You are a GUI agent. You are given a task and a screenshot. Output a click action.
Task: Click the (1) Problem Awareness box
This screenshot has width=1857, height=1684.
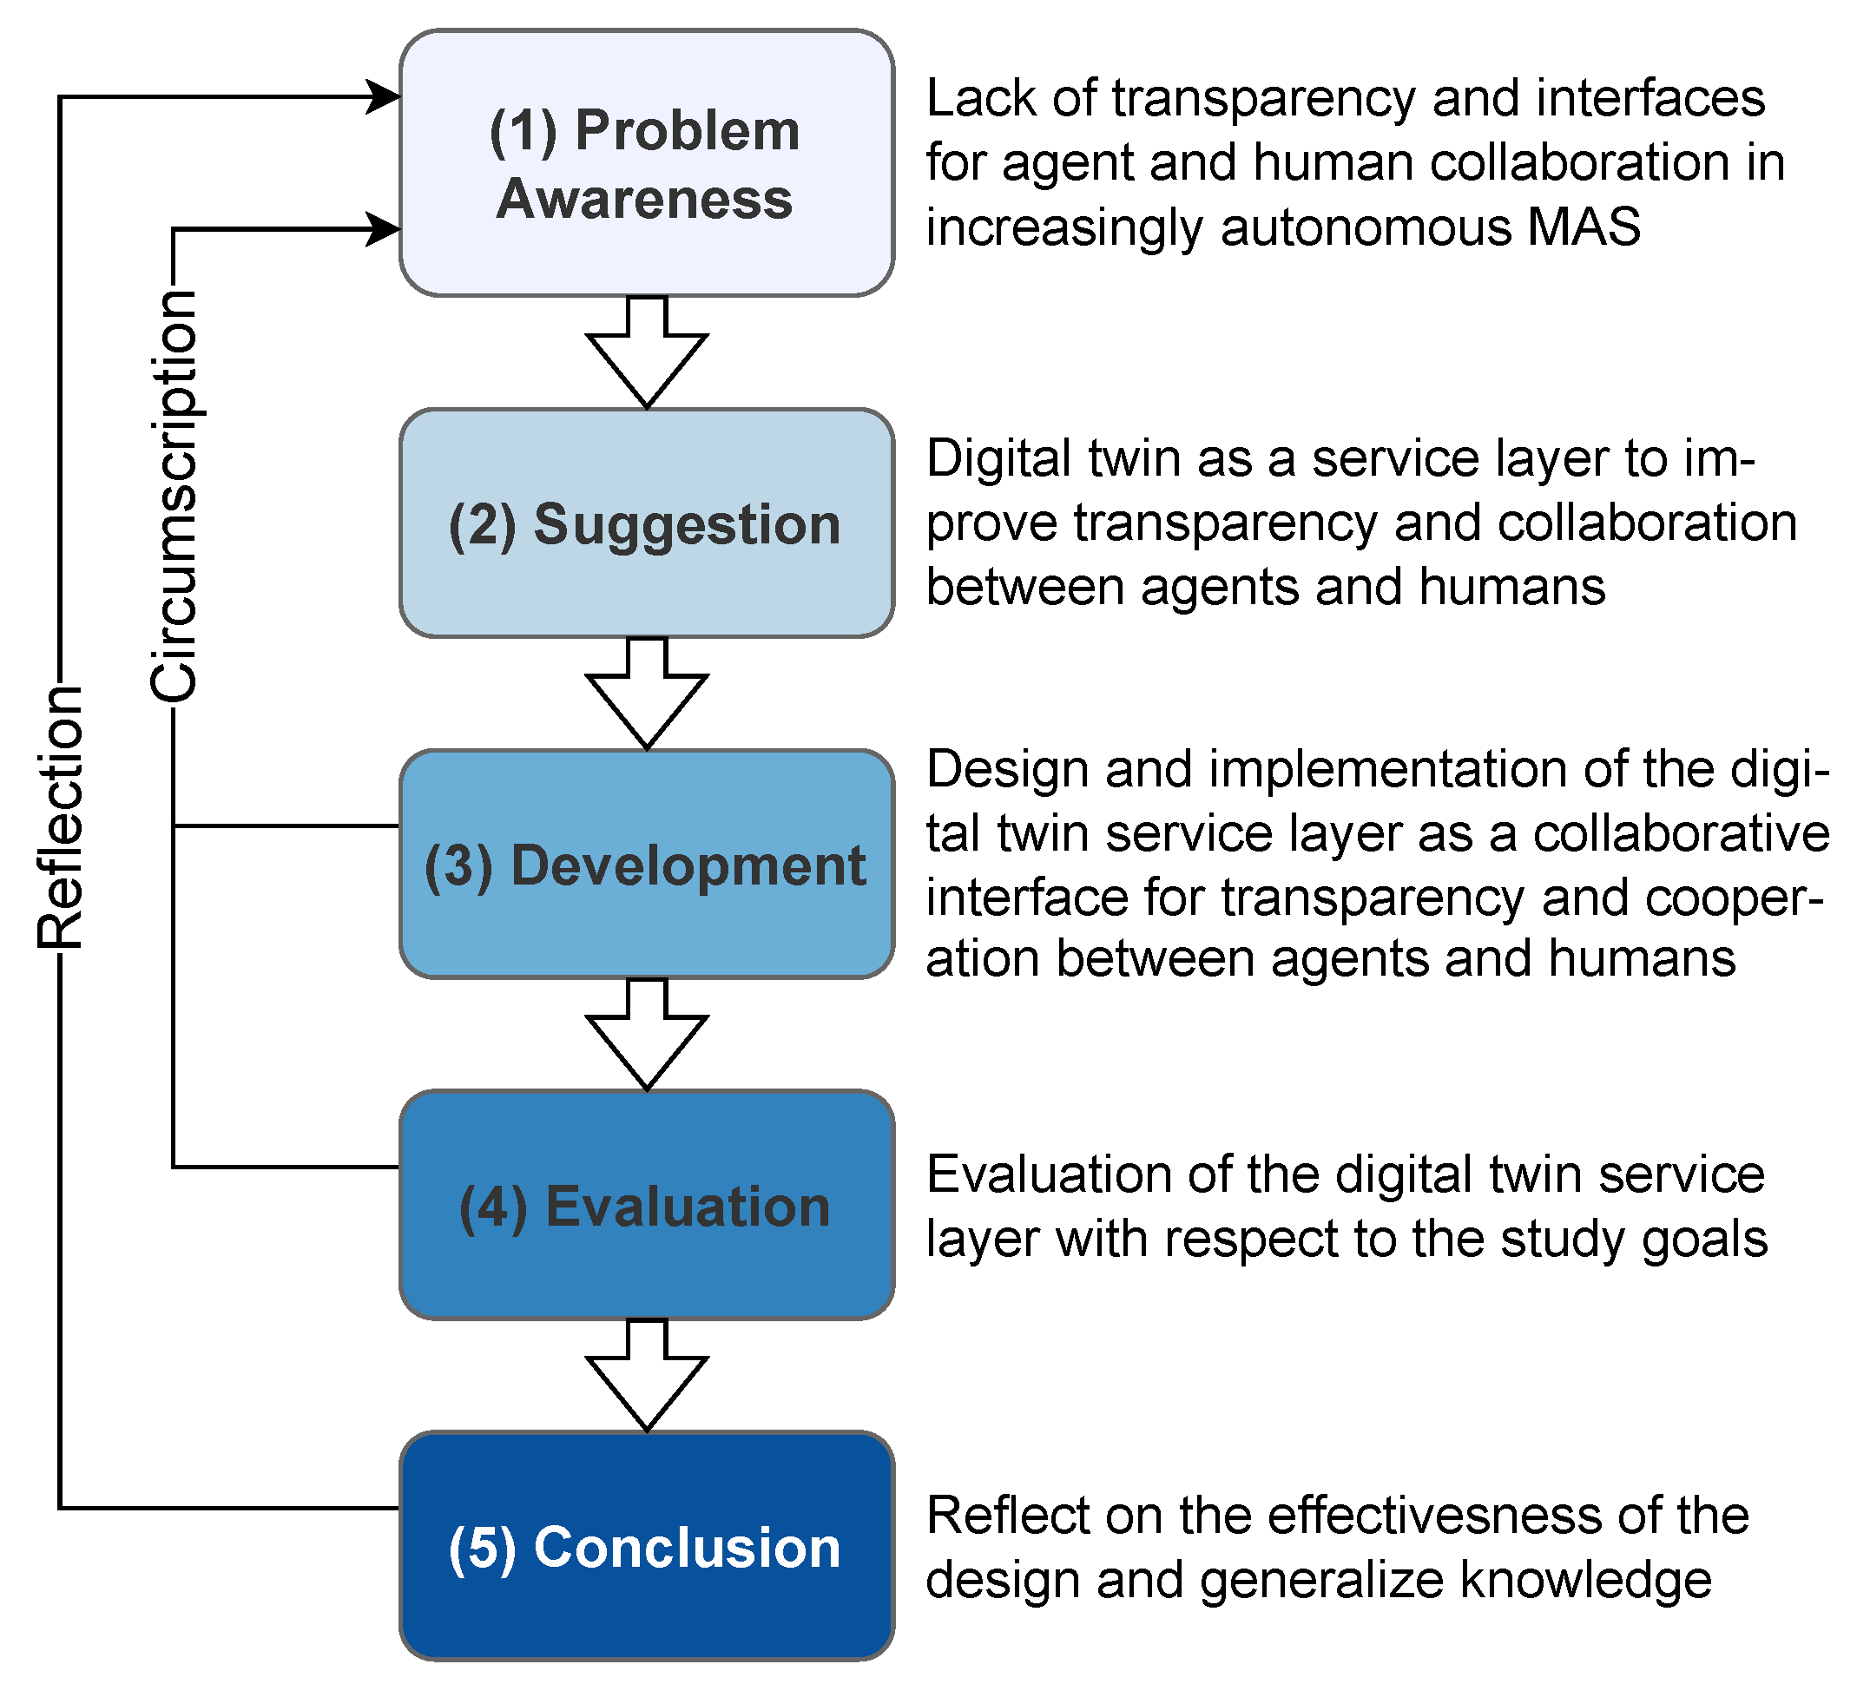(647, 163)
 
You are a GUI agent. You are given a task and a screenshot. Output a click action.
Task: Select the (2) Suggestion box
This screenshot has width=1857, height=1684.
(647, 523)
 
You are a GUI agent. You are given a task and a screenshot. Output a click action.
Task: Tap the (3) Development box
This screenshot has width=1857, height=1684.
(647, 864)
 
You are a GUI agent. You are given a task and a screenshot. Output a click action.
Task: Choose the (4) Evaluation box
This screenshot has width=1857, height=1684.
(647, 1205)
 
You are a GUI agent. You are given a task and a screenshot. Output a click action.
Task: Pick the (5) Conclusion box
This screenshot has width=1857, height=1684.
(647, 1547)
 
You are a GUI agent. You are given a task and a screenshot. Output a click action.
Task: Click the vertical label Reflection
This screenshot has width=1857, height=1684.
(61, 817)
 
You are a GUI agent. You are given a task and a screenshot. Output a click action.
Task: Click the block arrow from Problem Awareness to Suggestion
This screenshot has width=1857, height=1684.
(647, 355)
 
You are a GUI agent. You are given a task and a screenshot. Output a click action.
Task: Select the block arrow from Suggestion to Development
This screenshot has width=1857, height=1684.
(647, 695)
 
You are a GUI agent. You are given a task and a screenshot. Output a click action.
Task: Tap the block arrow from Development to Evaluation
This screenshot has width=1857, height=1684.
(647, 1036)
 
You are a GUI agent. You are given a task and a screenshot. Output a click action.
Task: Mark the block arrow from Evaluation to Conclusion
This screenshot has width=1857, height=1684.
(647, 1378)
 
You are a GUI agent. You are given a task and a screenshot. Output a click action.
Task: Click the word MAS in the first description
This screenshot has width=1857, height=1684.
(1584, 227)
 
